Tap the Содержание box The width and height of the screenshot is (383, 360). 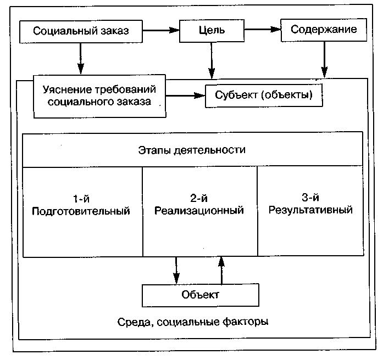click(323, 30)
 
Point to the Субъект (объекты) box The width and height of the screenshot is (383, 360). click(264, 95)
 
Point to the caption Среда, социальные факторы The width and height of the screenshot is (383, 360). click(193, 322)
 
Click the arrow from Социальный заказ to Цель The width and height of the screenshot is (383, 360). click(161, 31)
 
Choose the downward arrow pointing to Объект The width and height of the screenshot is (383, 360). click(176, 269)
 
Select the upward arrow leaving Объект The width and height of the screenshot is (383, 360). click(221, 269)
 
